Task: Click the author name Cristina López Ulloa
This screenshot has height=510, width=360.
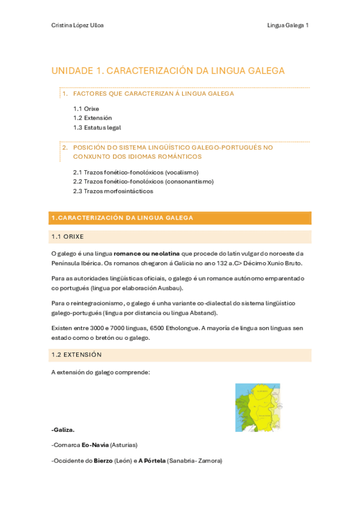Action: pyautogui.click(x=78, y=25)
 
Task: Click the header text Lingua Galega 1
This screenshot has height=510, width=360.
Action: pyautogui.click(x=288, y=25)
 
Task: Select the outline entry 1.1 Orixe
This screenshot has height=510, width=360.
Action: pyautogui.click(x=86, y=109)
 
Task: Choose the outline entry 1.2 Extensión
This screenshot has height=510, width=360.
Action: pyautogui.click(x=93, y=118)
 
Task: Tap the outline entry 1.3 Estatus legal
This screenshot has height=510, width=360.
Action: pyautogui.click(x=97, y=127)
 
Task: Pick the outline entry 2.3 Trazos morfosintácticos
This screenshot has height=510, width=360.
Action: pyautogui.click(x=113, y=191)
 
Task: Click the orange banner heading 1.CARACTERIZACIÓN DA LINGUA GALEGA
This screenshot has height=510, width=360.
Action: pyautogui.click(x=123, y=218)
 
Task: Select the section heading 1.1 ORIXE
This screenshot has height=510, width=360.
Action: pyautogui.click(x=68, y=236)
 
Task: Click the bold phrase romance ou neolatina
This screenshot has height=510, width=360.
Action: pyautogui.click(x=147, y=254)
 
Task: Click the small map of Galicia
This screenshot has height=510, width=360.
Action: pyautogui.click(x=257, y=407)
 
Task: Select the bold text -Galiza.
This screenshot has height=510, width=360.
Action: pyautogui.click(x=63, y=430)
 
